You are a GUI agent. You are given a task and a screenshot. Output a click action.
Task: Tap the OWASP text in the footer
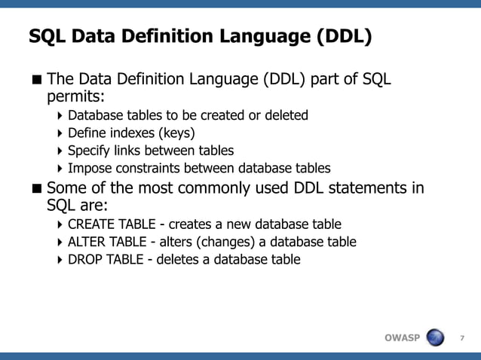pyautogui.click(x=402, y=337)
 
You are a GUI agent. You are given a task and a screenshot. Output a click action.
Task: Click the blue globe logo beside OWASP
pyautogui.click(x=435, y=337)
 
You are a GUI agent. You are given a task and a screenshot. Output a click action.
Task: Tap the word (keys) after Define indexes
pyautogui.click(x=174, y=133)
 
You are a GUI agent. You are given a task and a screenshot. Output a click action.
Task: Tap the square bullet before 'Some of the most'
pyautogui.click(x=36, y=188)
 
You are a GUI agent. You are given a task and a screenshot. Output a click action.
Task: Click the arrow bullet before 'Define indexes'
pyautogui.click(x=60, y=133)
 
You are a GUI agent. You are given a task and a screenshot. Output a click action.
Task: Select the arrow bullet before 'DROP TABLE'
pyautogui.click(x=60, y=260)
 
